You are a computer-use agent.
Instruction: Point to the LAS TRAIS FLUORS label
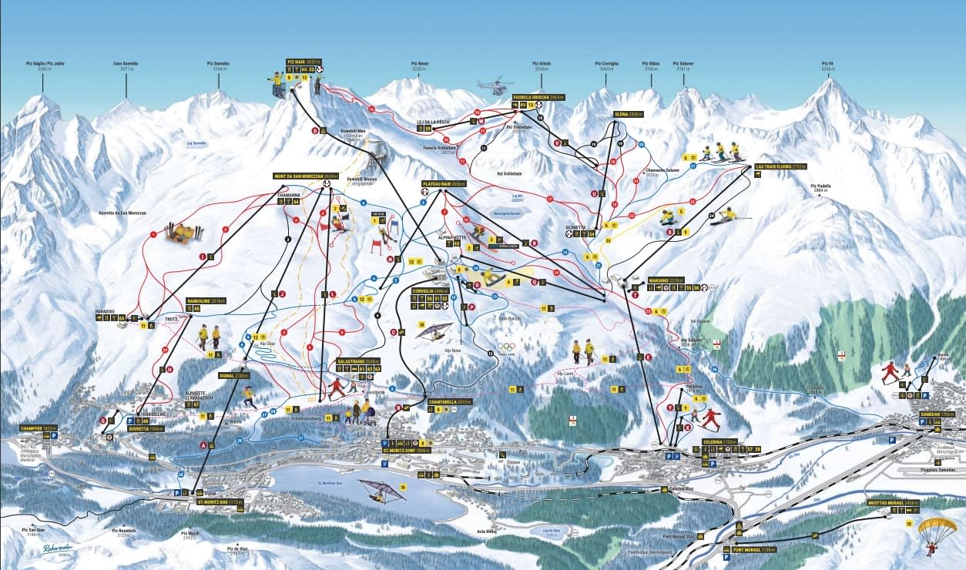click(770, 166)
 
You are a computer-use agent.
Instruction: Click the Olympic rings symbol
click(505, 347)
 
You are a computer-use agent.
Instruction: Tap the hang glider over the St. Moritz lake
click(377, 489)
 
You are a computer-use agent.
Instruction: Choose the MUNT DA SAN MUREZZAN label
click(305, 176)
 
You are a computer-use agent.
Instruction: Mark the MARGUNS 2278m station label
click(665, 280)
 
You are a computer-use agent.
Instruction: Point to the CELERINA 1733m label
click(719, 441)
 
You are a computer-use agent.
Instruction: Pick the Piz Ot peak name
click(828, 64)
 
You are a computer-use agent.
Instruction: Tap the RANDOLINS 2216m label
click(206, 300)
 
